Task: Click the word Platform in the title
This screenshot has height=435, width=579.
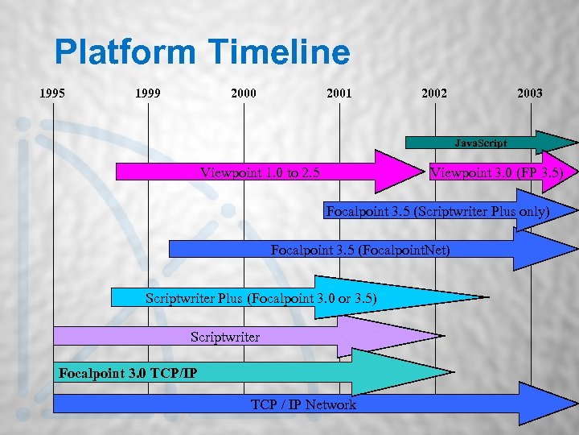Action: pos(125,53)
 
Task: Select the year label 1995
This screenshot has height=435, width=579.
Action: pos(52,93)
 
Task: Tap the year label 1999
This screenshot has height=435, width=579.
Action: pos(148,93)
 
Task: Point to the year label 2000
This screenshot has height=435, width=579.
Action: pos(243,93)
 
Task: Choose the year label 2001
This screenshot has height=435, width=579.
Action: pos(339,93)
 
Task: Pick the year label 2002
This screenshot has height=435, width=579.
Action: pos(434,93)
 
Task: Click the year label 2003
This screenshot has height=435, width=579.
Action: pos(530,93)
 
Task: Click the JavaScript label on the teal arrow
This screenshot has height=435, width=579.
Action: pos(480,143)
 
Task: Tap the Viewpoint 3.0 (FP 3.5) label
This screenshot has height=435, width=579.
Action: pos(497,172)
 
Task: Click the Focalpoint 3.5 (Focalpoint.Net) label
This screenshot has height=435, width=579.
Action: pos(360,250)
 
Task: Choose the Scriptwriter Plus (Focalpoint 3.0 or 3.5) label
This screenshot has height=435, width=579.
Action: pos(261,298)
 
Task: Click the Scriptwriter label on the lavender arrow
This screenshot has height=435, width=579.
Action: pos(225,337)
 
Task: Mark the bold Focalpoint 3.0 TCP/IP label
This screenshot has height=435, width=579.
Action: pos(128,373)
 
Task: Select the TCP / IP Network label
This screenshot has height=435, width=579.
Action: pos(303,404)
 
